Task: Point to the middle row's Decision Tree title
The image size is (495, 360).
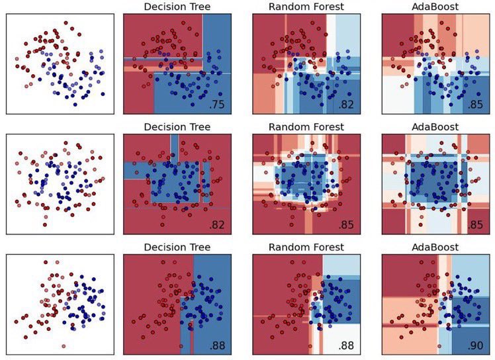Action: [177, 127]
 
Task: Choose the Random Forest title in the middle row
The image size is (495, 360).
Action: [306, 127]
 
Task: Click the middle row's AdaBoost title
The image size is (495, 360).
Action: [434, 127]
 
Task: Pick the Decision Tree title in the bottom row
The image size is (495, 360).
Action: [177, 247]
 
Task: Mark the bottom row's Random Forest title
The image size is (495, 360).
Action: [306, 247]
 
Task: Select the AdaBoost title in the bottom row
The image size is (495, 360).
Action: [434, 247]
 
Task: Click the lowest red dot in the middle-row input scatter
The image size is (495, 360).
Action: [46, 217]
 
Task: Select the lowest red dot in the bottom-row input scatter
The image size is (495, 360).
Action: [64, 345]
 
